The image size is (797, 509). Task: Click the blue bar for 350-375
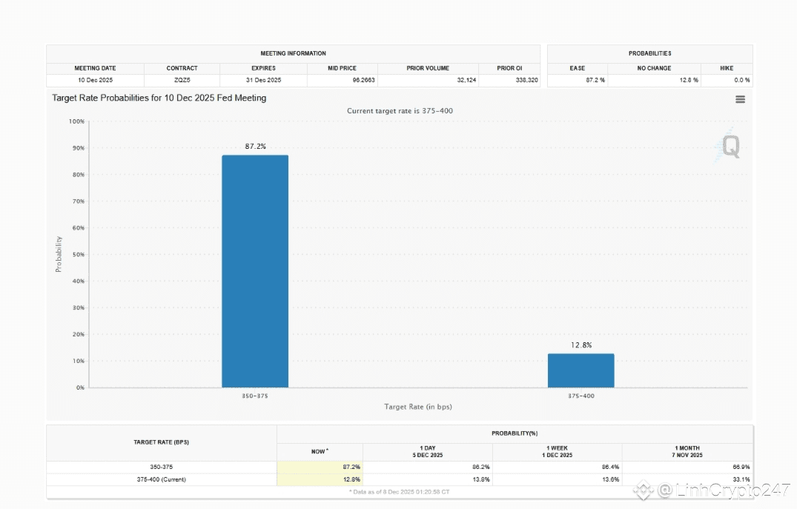tap(255, 271)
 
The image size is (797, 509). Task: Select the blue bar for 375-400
tap(581, 370)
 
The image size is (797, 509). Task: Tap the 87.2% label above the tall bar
tap(255, 147)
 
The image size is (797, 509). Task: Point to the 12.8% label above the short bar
tap(581, 345)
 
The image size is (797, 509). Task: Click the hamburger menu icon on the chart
tap(740, 99)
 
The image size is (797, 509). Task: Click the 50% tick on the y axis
tap(77, 254)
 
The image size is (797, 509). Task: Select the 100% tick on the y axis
tap(76, 121)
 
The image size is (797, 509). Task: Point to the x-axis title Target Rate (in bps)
tap(418, 407)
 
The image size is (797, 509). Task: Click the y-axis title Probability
tap(59, 254)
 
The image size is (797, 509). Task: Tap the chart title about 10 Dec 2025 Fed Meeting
tap(159, 98)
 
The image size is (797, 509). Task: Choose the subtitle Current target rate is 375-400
tap(400, 111)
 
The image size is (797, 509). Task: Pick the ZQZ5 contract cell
tap(182, 80)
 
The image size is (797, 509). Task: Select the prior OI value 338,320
tap(526, 80)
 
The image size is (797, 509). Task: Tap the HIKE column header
tap(727, 68)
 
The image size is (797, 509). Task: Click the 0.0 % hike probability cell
tap(741, 80)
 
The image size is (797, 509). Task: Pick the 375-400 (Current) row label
tap(162, 479)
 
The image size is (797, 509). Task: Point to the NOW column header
tap(320, 451)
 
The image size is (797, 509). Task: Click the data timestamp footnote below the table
tap(400, 491)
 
